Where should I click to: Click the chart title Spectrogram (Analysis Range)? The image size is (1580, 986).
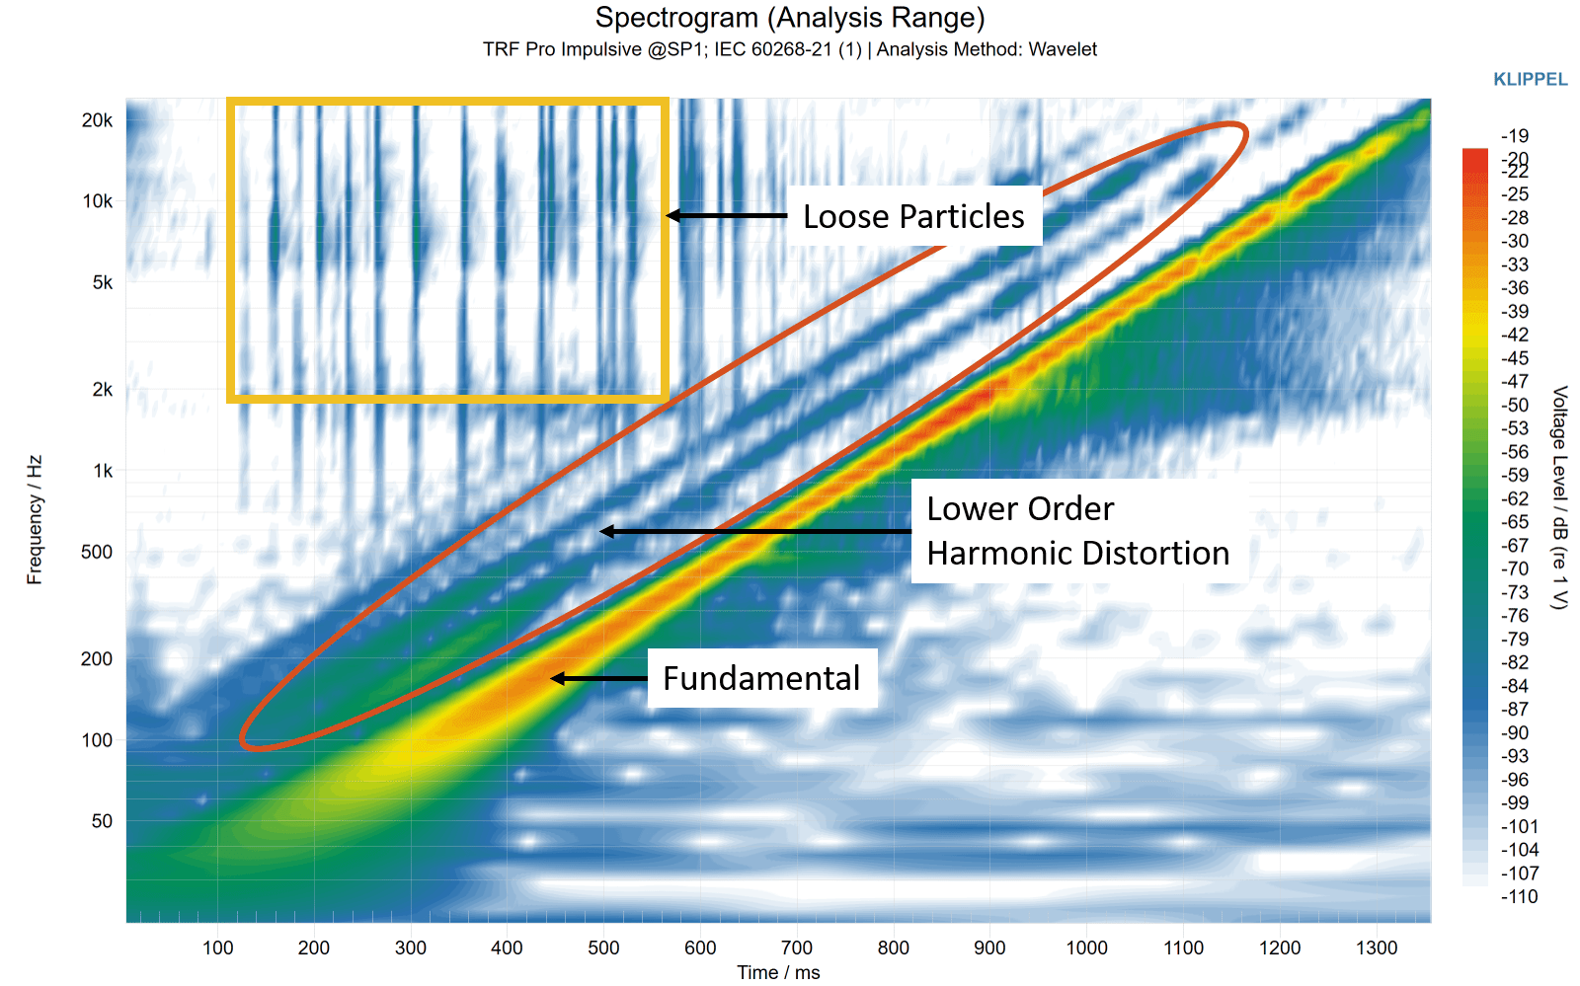[x=789, y=18]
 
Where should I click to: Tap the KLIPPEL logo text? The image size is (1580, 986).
[x=1530, y=80]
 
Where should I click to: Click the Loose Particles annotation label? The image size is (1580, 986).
[x=913, y=216]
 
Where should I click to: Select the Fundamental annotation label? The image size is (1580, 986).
[x=761, y=678]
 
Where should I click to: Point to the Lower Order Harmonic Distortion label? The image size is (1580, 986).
[x=1077, y=531]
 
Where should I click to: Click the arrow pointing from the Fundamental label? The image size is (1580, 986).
[x=598, y=679]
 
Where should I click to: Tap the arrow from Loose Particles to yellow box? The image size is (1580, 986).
[x=727, y=216]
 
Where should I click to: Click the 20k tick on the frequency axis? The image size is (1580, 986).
[x=97, y=120]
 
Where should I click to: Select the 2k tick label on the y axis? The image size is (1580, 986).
[x=103, y=389]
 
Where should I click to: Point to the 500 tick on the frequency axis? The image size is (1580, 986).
[x=97, y=552]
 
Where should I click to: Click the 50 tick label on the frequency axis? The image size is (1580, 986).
[x=102, y=821]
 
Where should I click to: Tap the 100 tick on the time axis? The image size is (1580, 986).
[x=217, y=948]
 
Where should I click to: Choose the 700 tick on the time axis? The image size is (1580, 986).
[x=797, y=948]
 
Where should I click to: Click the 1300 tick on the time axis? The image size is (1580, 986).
[x=1377, y=948]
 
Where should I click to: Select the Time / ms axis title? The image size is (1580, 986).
[x=779, y=972]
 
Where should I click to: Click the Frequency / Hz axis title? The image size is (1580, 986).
[x=35, y=520]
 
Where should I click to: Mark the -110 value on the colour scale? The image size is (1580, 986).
[x=1519, y=896]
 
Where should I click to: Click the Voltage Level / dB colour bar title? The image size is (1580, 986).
[x=1559, y=497]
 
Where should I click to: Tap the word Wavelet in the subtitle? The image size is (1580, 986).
[x=1063, y=49]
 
